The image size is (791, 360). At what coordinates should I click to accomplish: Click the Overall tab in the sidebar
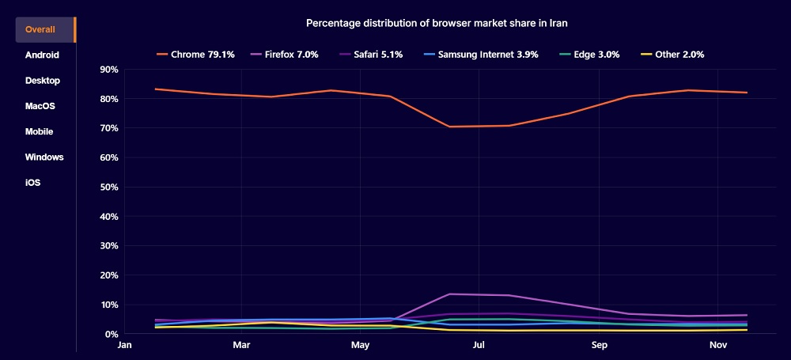(40, 30)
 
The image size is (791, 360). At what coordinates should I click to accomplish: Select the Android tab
(42, 55)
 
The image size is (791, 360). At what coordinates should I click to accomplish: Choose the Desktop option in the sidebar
(43, 81)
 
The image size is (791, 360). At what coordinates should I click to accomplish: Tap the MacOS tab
(40, 106)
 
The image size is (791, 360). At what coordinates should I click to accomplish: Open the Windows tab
(44, 157)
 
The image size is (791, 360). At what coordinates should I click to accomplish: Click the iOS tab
(32, 183)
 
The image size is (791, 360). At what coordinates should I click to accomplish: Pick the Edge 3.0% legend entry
(591, 55)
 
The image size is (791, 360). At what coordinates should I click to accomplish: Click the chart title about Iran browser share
(437, 24)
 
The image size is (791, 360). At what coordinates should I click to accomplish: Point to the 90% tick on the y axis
(108, 70)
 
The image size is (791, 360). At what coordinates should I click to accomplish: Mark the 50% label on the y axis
(108, 188)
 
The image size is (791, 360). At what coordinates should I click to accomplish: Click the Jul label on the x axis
(479, 346)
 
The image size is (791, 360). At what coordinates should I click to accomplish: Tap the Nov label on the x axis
(717, 346)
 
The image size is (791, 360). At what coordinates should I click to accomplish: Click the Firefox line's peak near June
(450, 294)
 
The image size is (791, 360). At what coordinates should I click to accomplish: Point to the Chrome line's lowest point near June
(450, 127)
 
